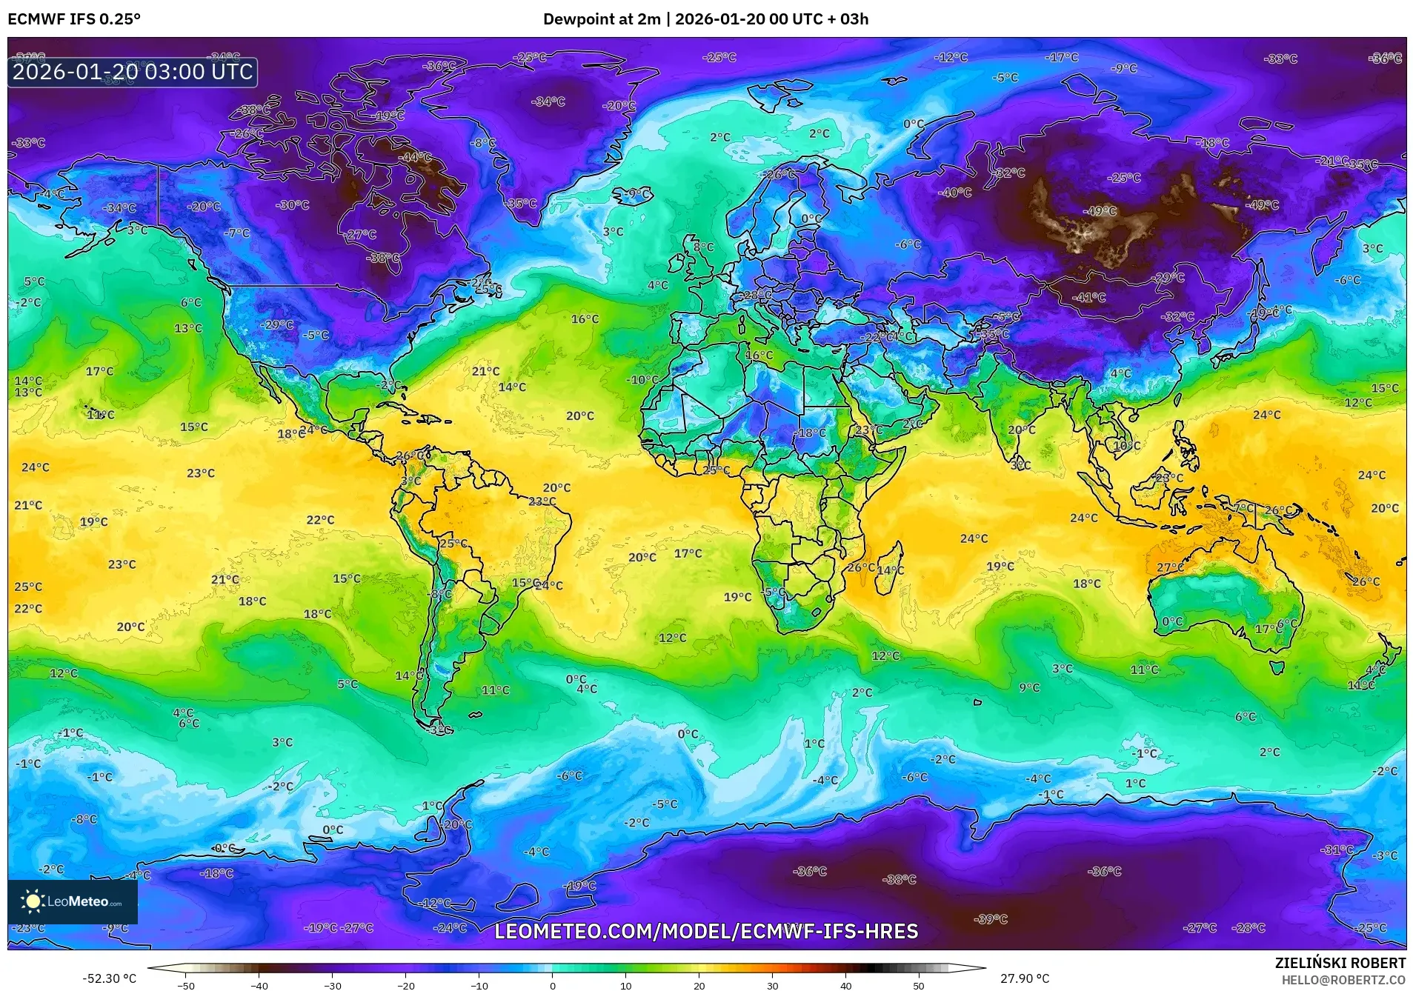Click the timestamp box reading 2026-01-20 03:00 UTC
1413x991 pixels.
pos(133,72)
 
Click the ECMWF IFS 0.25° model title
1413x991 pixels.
pos(73,19)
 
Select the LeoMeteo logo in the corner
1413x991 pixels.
pos(73,901)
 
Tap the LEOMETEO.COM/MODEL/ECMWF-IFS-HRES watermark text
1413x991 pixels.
pos(706,931)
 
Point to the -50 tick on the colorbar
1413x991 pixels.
pos(186,985)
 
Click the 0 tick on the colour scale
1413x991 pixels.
pos(552,985)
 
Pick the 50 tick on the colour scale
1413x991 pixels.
pos(918,985)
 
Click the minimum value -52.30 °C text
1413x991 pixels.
pos(109,978)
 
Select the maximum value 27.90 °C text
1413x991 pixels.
pos(1025,978)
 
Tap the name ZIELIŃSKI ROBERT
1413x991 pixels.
pos(1340,963)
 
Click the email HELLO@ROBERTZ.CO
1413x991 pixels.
pos(1343,979)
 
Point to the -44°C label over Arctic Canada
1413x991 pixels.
pos(416,157)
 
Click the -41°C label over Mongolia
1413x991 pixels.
pos(1089,297)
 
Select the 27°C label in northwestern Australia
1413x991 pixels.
pos(1170,567)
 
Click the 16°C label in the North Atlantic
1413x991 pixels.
pos(585,319)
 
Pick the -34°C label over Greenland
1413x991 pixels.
pos(548,101)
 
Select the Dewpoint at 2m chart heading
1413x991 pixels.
pos(705,19)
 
